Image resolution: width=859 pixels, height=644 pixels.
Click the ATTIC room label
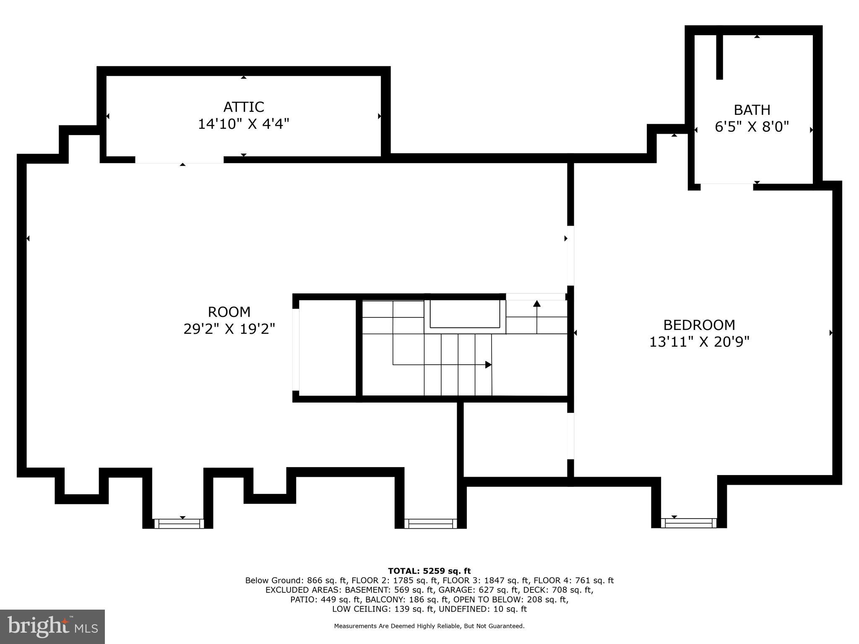243,107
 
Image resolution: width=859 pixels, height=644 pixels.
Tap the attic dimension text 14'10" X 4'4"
243,124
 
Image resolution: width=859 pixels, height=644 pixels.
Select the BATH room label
752,110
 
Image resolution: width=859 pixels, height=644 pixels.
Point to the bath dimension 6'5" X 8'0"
752,127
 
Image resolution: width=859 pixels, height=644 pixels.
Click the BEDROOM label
699,325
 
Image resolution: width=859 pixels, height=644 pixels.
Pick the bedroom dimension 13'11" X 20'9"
699,342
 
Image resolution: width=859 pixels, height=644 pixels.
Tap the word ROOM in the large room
229,312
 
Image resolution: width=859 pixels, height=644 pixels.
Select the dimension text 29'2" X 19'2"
229,329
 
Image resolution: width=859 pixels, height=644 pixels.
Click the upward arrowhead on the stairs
537,303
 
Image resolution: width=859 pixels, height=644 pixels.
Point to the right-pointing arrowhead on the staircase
488,365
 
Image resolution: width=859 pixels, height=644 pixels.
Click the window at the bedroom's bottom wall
688,523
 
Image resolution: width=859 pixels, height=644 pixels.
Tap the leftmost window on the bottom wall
179,523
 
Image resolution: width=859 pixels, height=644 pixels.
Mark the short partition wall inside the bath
719,57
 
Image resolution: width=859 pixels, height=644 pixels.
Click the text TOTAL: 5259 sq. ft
429,571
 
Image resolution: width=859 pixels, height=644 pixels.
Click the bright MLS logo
52,626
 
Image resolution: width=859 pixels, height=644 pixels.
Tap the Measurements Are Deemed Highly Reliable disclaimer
429,626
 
